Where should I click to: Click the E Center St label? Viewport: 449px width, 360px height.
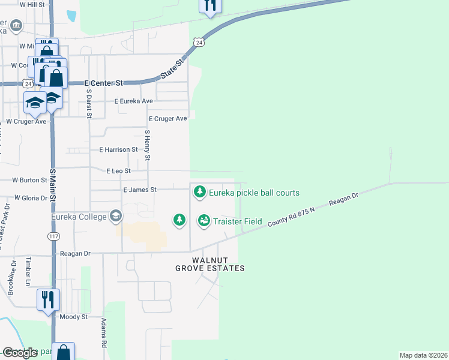[103, 83]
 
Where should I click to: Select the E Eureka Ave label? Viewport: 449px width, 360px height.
[134, 101]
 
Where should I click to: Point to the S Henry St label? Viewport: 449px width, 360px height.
[148, 144]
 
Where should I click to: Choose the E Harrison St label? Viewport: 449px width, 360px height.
[118, 149]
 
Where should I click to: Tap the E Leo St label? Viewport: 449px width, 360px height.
[118, 171]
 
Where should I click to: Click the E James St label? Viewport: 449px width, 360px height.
[139, 190]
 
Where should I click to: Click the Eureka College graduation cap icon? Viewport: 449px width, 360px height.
[115, 216]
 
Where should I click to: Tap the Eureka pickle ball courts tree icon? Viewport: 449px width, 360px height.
[199, 193]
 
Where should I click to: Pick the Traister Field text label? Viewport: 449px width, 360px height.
[237, 221]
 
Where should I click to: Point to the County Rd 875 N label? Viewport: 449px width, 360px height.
[292, 214]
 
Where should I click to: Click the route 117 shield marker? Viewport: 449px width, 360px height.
[54, 237]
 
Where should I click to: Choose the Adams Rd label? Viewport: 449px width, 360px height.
[104, 333]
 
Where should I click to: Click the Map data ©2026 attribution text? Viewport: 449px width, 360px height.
[423, 355]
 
